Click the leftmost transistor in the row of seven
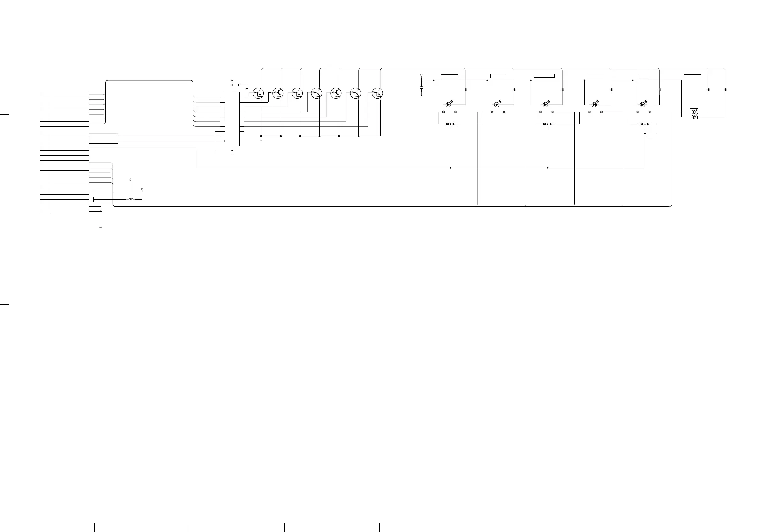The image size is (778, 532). [258, 93]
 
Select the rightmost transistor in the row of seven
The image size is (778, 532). [378, 93]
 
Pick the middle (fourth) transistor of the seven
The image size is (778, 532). [317, 93]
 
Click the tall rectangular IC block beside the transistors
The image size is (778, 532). [232, 119]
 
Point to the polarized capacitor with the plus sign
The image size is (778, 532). [421, 87]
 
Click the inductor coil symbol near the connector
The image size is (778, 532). [131, 199]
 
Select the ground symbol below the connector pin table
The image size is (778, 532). [100, 228]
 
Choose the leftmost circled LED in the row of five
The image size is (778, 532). [449, 105]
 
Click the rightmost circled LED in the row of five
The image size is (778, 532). [643, 105]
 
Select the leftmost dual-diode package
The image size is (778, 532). [451, 124]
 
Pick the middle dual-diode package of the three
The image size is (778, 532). [548, 124]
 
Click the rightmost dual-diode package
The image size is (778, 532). [645, 124]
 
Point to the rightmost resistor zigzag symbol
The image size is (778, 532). [725, 90]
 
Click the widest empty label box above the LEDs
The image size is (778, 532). [544, 76]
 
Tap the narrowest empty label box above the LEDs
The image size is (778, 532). [643, 76]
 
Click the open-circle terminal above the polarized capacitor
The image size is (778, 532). [421, 75]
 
